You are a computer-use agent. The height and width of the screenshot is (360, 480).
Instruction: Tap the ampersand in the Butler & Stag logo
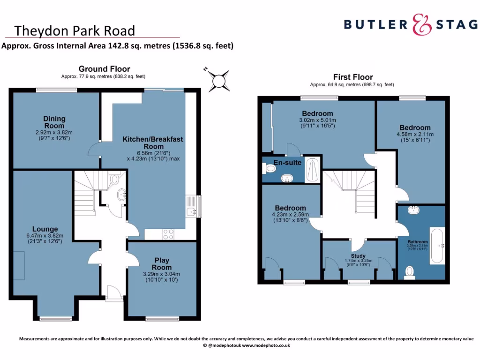click(421, 25)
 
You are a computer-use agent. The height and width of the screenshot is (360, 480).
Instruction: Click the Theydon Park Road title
click(75, 31)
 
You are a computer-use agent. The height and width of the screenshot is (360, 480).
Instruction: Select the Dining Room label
click(54, 122)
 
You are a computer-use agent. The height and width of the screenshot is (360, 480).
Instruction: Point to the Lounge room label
click(45, 229)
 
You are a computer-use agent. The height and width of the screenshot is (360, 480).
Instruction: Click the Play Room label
click(162, 263)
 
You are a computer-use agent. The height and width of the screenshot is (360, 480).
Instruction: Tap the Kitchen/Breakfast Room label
click(153, 142)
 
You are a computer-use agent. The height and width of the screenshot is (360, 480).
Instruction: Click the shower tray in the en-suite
click(313, 171)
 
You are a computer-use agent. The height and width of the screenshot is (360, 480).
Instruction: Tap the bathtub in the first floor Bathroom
click(437, 246)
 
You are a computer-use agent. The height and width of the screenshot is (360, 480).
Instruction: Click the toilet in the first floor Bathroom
click(409, 271)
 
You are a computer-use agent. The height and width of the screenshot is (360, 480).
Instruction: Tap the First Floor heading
click(353, 77)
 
